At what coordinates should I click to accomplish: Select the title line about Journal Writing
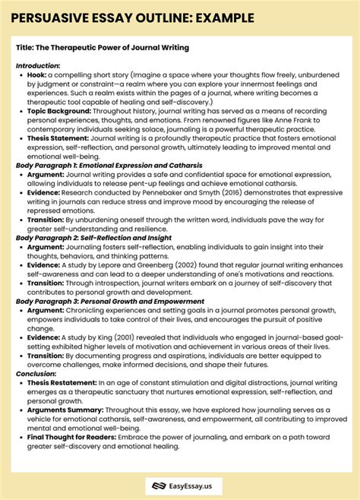(102, 48)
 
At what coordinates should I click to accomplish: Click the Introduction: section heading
(38, 65)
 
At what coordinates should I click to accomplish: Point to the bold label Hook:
(36, 74)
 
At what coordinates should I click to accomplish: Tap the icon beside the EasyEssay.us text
(159, 483)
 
